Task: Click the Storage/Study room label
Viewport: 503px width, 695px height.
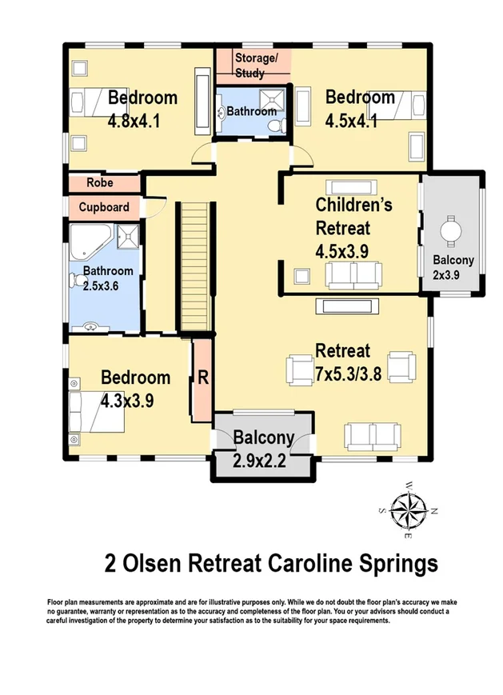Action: coord(256,65)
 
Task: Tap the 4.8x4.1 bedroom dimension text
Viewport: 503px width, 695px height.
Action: coord(134,121)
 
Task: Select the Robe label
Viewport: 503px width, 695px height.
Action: coord(100,182)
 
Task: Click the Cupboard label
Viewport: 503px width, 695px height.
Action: coord(104,207)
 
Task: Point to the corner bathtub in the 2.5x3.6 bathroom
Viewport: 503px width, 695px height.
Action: coord(89,242)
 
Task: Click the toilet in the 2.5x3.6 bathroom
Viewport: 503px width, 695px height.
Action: coord(75,281)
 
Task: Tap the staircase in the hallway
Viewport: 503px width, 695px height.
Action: coord(194,266)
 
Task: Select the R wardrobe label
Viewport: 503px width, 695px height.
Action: coord(203,377)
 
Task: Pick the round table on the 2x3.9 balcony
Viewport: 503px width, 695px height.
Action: coord(451,231)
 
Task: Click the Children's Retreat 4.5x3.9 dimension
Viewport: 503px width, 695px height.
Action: coord(341,252)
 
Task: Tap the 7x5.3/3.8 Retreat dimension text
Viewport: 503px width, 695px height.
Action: coord(349,374)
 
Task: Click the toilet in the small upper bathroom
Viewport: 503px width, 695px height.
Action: coord(275,126)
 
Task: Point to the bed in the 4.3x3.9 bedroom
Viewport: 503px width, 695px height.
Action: coord(97,412)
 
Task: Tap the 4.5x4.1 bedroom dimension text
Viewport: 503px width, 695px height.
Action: coord(351,121)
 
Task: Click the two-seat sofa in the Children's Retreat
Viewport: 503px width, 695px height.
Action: coord(354,275)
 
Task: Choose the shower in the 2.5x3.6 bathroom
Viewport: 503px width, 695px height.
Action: coord(128,237)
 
